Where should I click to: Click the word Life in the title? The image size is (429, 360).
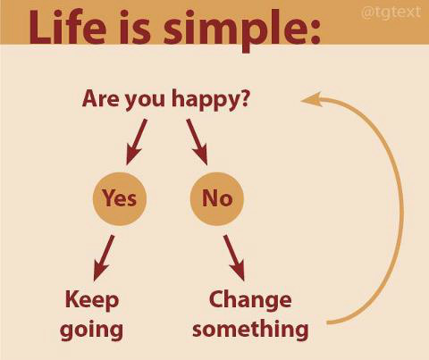(67, 28)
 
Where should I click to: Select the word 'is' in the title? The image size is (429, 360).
(135, 28)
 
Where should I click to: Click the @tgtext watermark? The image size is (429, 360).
(391, 13)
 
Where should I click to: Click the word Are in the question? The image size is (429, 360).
(101, 98)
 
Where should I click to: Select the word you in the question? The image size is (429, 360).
(145, 101)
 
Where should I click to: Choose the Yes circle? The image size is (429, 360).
(120, 198)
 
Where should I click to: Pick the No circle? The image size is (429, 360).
(217, 198)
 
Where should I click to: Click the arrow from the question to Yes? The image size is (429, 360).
(137, 142)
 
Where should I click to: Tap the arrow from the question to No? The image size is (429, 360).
(197, 142)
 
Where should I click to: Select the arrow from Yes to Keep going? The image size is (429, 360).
(104, 258)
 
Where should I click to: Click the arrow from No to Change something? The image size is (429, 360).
(234, 258)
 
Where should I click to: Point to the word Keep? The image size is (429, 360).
(92, 300)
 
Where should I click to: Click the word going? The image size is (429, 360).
(91, 331)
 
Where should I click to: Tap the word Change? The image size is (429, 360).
(250, 300)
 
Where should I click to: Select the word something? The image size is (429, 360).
(250, 330)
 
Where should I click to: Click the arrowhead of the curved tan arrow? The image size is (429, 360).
(311, 99)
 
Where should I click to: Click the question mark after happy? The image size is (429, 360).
(245, 98)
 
